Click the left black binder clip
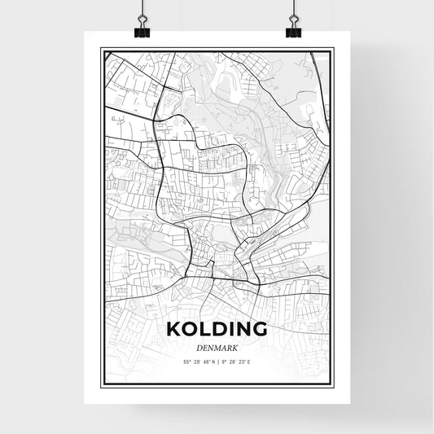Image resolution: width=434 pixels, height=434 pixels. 142,30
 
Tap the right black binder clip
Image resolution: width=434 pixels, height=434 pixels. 293,30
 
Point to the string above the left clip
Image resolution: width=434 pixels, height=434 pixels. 142,8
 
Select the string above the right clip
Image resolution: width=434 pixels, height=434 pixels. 293,8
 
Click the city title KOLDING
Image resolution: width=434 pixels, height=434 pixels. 217,330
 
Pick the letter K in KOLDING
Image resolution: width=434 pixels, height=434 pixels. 173,330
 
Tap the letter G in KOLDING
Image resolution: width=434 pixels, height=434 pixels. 259,330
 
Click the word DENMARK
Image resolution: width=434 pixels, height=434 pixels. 217,347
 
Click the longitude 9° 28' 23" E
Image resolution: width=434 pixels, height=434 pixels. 236,362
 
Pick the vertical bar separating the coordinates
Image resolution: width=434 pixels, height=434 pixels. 217,362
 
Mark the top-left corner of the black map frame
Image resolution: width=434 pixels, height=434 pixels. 102,50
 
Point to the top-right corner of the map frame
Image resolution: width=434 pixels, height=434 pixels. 332,50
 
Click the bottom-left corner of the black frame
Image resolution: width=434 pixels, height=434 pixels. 102,384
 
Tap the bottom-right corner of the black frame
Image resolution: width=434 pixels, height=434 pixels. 332,384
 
